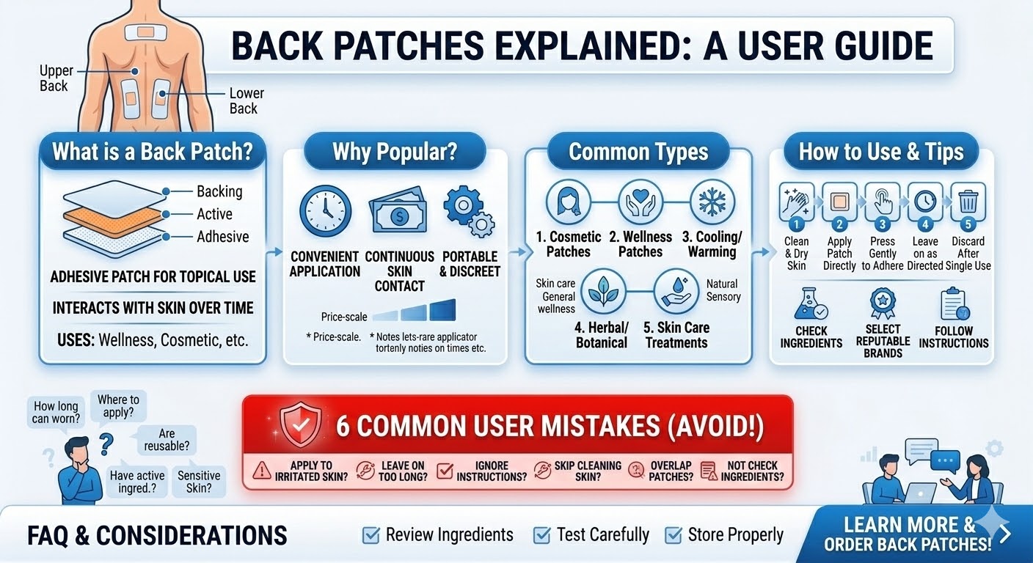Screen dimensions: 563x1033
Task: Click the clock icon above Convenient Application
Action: click(x=325, y=211)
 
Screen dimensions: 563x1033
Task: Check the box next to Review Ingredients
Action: click(x=371, y=535)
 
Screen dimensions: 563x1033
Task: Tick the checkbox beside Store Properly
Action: click(x=673, y=535)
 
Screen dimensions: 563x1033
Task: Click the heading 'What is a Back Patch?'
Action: click(x=152, y=152)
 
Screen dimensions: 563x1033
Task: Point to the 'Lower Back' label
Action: click(x=246, y=101)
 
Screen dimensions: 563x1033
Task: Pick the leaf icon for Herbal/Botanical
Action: click(x=602, y=290)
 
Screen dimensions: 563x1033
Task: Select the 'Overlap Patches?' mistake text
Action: click(x=671, y=471)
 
